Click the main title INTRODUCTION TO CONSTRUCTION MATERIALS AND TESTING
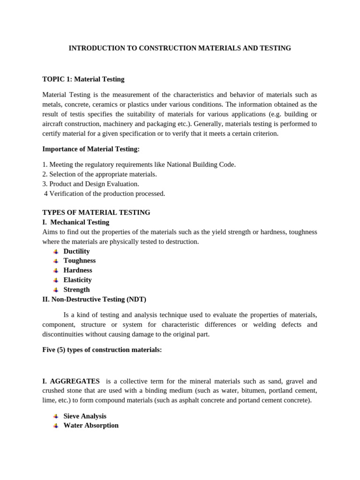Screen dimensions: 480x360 coord(180,48)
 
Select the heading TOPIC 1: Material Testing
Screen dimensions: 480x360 coord(83,79)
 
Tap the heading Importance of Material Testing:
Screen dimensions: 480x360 coord(91,149)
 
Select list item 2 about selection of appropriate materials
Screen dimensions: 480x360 coord(99,174)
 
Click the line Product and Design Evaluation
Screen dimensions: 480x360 coord(90,184)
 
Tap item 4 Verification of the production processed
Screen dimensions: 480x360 coord(104,194)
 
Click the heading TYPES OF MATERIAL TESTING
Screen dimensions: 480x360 coord(96,212)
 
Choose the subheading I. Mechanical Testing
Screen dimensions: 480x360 coord(76,222)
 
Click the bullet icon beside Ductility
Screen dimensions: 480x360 coord(56,252)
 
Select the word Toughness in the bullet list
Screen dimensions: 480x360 coord(79,261)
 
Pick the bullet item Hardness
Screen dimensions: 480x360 coord(78,270)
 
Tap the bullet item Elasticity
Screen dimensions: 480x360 coord(77,280)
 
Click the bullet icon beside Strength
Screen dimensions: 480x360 coord(56,290)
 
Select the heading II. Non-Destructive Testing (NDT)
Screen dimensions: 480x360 coord(97,299)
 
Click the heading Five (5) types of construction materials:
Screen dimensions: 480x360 coord(102,350)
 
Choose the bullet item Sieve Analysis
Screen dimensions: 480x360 coord(85,416)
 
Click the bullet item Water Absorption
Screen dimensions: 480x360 coord(91,426)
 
